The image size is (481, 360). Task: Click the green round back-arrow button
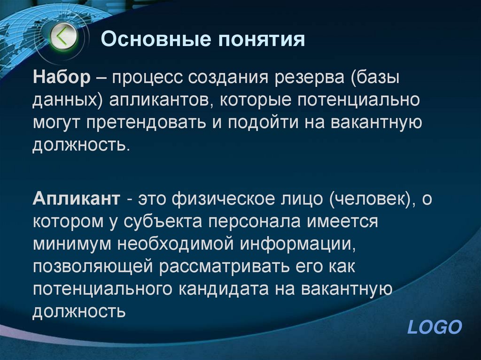(x=63, y=36)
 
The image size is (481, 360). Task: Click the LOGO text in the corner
(x=434, y=327)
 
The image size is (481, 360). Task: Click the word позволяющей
(x=92, y=266)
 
